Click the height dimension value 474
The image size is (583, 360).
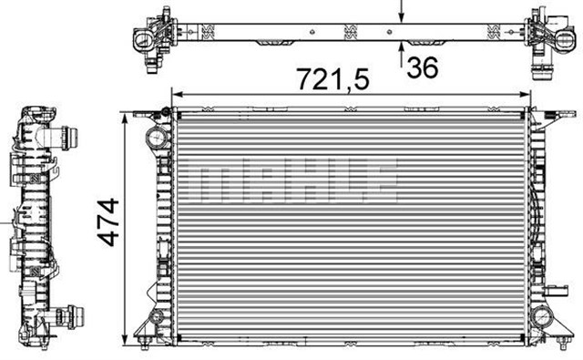click(x=107, y=221)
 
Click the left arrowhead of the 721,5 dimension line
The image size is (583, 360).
click(x=179, y=95)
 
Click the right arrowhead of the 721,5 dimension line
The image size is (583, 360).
click(x=526, y=95)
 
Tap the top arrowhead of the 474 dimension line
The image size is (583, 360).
click(x=125, y=118)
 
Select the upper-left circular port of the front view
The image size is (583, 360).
click(x=156, y=139)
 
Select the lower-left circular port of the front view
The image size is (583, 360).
click(x=157, y=318)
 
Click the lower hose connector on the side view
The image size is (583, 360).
click(x=68, y=318)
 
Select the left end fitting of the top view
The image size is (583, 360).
click(x=151, y=37)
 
